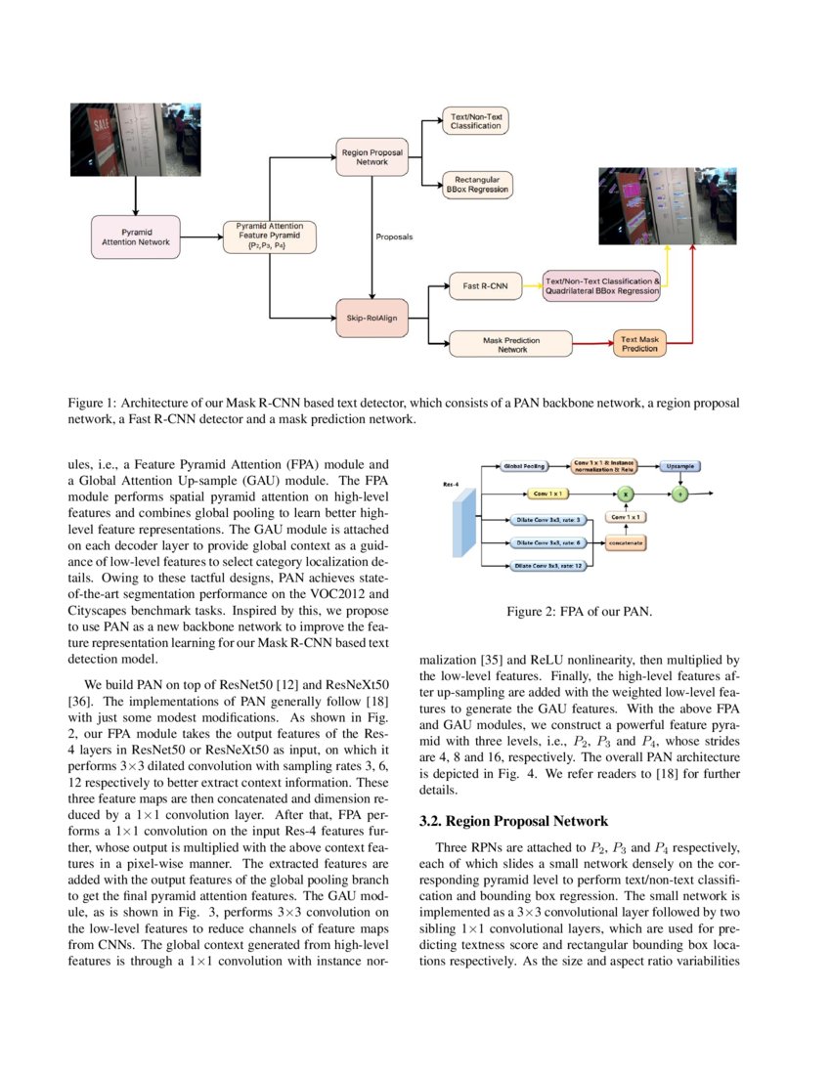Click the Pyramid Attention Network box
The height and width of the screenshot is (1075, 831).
click(135, 236)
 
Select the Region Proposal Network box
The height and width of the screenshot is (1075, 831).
click(371, 156)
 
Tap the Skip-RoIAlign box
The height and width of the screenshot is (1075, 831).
click(371, 317)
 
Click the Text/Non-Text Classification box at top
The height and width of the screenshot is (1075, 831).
click(476, 120)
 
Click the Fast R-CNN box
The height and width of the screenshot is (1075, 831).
click(485, 286)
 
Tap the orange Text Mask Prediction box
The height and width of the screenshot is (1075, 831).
click(640, 344)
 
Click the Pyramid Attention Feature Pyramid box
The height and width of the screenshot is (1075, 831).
click(270, 236)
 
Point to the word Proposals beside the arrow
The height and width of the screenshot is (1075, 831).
click(394, 236)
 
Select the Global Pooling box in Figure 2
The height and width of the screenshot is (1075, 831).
click(525, 466)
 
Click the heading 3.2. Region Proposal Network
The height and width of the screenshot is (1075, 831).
click(513, 821)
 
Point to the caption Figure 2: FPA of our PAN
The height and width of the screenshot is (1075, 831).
click(579, 612)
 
